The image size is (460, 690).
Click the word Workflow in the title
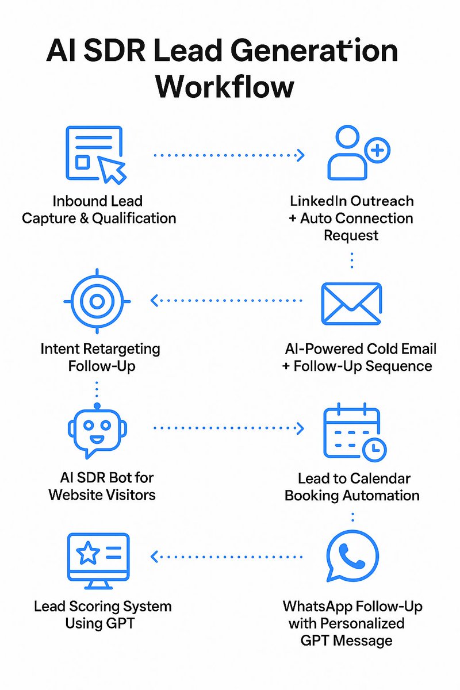pos(225,87)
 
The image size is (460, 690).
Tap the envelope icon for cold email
pos(351,303)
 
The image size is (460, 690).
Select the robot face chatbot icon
pos(96,430)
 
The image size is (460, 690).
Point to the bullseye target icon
pos(97,301)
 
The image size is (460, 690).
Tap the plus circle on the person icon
pos(378,151)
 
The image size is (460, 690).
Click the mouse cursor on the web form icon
pos(113,170)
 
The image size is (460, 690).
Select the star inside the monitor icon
pos(89,554)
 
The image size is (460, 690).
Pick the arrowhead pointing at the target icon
pos(154,300)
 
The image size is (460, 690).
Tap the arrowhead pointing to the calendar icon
pos(300,428)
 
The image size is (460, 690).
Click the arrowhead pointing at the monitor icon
pos(154,556)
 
